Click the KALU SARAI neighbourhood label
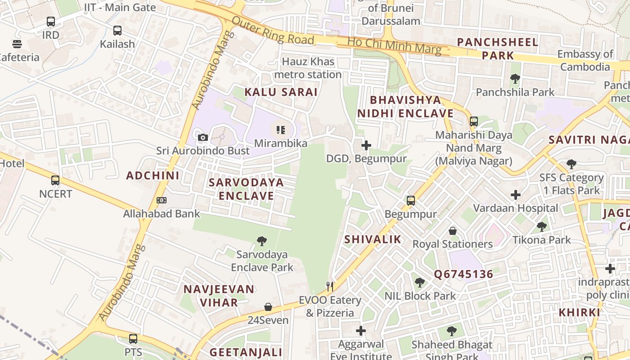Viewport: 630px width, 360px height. point(281,92)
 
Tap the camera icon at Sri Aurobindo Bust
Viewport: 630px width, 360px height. point(203,137)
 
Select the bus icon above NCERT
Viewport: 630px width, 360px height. point(55,180)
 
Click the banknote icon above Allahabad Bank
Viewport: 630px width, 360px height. point(162,200)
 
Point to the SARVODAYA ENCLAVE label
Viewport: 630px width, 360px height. point(246,189)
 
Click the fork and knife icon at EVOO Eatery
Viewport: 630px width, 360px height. point(330,287)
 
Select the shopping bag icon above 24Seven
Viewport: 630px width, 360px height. point(268,307)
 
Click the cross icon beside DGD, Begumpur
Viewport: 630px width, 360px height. point(366,145)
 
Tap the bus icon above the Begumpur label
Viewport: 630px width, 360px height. point(411,201)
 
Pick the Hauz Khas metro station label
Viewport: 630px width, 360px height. point(308,68)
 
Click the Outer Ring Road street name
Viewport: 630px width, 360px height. point(273,31)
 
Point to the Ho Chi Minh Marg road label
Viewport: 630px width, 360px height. point(394,45)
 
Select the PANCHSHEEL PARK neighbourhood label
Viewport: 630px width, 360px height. point(498,49)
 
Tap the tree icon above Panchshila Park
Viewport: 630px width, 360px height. point(515,79)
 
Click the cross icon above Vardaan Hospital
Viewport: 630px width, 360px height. point(516,195)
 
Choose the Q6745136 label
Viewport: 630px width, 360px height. point(463,274)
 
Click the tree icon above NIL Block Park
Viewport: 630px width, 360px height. point(420,283)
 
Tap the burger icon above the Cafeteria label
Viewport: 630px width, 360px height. point(17,44)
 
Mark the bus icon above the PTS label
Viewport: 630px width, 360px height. point(133,338)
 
